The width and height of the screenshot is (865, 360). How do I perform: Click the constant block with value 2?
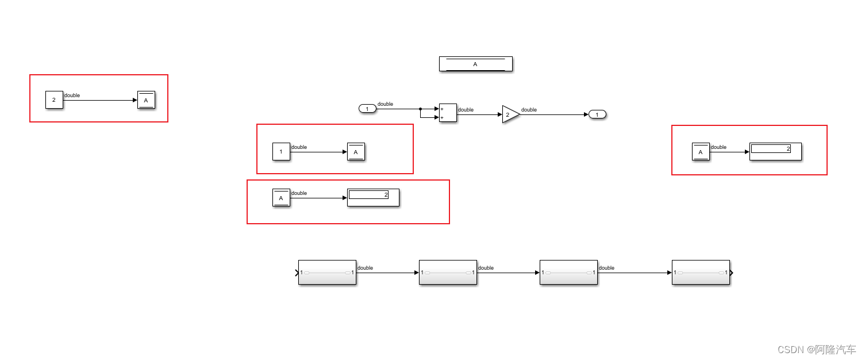point(54,100)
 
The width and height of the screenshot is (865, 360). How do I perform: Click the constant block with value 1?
point(281,152)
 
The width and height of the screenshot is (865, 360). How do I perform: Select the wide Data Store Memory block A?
point(475,64)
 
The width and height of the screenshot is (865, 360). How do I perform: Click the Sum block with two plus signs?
point(448,113)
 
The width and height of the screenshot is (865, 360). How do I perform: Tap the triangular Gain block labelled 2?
point(510,114)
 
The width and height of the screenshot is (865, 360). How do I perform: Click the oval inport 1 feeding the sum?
point(367,109)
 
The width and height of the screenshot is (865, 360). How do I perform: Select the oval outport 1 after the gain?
point(598,114)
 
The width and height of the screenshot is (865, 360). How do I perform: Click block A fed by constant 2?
point(146,100)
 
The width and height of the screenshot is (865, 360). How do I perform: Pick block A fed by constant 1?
point(356,152)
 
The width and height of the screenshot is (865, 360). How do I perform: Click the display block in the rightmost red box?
point(775,152)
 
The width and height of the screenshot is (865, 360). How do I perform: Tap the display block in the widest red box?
point(373,198)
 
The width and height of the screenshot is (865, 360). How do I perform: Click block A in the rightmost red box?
point(701,152)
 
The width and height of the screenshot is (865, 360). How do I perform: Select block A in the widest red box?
point(281,198)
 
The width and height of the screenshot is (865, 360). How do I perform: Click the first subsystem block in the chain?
point(327,273)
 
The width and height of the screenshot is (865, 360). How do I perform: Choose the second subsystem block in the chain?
point(448,273)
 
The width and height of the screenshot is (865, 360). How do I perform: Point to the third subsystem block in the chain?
point(568,273)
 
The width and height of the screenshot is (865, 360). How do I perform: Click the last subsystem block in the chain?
point(701,273)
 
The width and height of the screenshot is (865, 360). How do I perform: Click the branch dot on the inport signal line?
point(420,109)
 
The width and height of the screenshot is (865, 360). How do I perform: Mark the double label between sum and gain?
point(466,110)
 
